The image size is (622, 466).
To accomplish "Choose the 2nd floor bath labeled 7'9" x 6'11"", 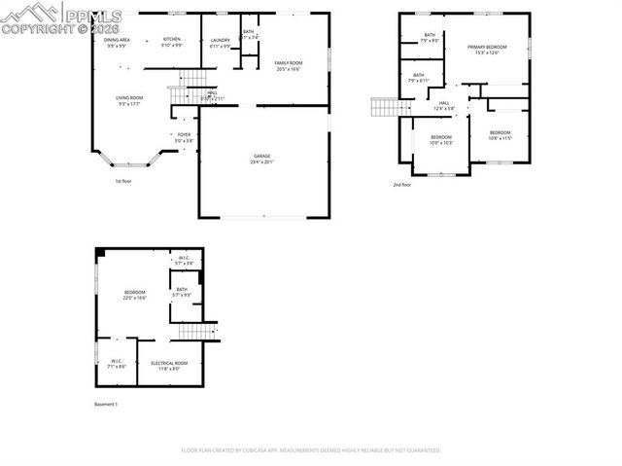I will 419,77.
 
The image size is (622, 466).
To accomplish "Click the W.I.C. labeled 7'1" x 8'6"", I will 115,363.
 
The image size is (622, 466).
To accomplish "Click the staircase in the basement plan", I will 197,332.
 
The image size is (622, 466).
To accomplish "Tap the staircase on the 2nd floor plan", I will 384,106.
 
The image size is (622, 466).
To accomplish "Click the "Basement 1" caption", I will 105,404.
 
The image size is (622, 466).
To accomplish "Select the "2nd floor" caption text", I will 402,184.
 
